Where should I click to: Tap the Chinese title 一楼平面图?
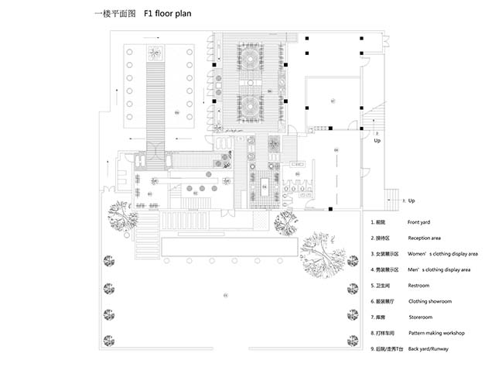[x=111, y=15]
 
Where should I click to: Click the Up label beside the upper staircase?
[x=377, y=142]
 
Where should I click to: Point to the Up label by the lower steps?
[x=412, y=200]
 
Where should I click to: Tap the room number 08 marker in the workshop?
[x=336, y=149]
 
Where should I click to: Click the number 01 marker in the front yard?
[x=225, y=295]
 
